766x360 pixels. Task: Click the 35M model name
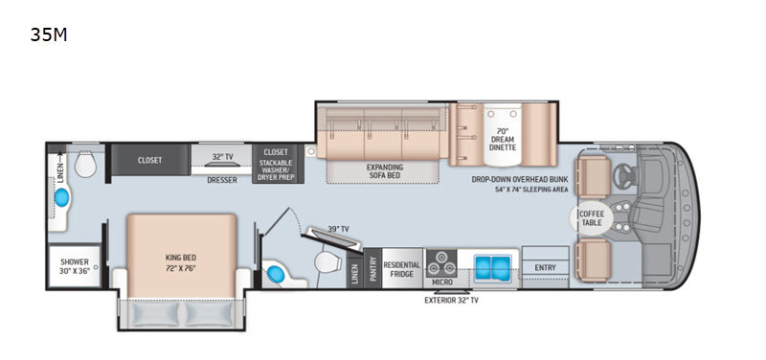[x=49, y=34]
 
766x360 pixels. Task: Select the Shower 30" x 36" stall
[x=75, y=266]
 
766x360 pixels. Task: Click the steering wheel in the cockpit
[x=624, y=174]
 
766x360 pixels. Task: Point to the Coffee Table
[x=591, y=218]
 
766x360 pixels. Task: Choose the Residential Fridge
[x=401, y=268]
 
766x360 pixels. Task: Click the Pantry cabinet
[x=372, y=268]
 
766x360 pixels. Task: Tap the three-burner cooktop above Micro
[x=441, y=263]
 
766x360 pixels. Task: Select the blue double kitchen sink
[x=492, y=268]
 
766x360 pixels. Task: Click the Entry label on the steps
[x=545, y=267]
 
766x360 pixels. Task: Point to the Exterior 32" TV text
[x=451, y=301]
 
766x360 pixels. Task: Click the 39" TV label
[x=338, y=229]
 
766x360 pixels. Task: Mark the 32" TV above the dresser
[x=222, y=164]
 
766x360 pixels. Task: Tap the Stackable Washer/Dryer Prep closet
[x=278, y=164]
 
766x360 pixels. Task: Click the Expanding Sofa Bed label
[x=385, y=170]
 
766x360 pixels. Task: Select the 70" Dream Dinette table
[x=502, y=133]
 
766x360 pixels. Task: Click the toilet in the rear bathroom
[x=85, y=164]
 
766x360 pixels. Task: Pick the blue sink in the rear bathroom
[x=62, y=198]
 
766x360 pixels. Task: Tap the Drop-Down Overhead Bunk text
[x=520, y=179]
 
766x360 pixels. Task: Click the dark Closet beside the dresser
[x=150, y=160]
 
